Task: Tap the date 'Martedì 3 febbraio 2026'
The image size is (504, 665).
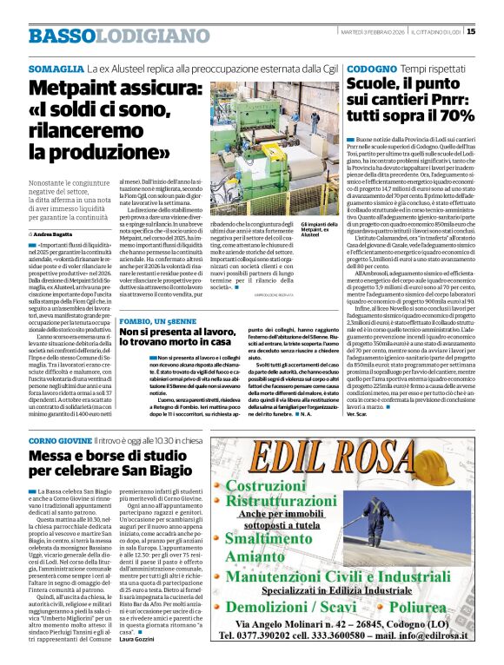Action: [x=371, y=32]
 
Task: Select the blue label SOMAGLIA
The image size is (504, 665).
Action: [x=56, y=67]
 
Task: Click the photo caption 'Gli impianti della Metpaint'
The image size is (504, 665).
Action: [x=320, y=230]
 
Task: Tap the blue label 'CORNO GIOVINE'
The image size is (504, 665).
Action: [x=59, y=442]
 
